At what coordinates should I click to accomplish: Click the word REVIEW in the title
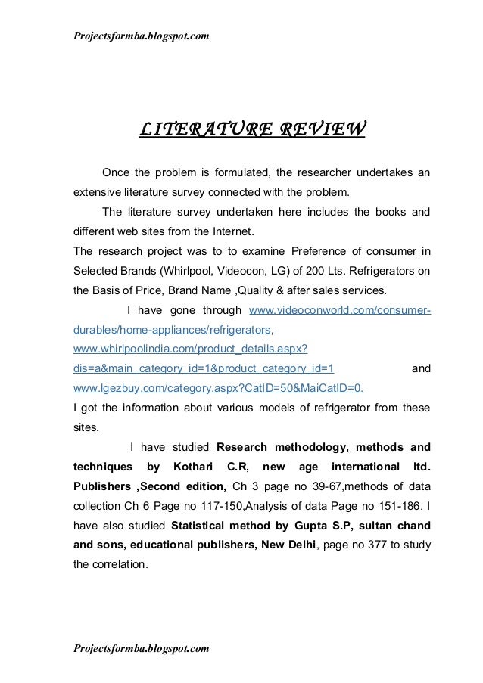(320, 130)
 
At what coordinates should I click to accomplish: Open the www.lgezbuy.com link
(218, 390)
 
